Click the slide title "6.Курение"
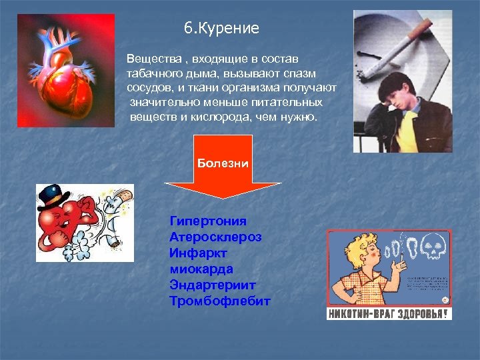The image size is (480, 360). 221,29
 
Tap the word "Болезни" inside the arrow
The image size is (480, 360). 223,163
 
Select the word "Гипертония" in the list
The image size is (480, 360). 208,221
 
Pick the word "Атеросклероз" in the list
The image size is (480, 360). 215,237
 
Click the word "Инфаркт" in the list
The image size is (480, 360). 199,253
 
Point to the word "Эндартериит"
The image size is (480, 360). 213,285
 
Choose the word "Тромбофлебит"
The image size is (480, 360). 220,301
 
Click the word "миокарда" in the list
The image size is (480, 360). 201,269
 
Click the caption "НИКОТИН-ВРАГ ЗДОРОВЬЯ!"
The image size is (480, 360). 389,313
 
